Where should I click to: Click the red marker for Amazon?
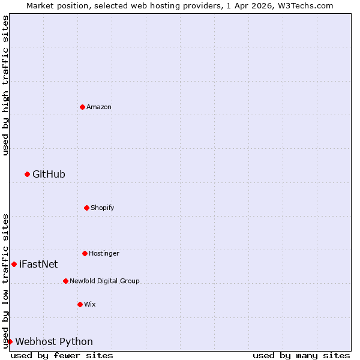pos(82,107)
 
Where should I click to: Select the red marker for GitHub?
pos(27,174)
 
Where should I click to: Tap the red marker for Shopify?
pos(86,208)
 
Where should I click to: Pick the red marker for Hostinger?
pos(85,253)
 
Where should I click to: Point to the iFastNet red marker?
pos(14,264)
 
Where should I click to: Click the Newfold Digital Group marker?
pos(65,281)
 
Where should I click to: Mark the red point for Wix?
pos(80,304)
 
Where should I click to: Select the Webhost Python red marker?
pos(10,341)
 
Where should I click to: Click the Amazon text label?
pos(99,107)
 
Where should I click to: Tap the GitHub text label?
pos(49,174)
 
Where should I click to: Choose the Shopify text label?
pos(103,208)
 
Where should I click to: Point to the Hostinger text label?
pos(104,253)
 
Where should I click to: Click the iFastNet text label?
pos(38,264)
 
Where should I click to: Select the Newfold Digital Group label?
pos(104,281)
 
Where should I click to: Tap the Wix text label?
pos(90,304)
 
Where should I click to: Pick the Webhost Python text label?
pos(54,341)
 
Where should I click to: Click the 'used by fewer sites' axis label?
pos(62,355)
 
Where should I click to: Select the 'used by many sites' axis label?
pos(301,355)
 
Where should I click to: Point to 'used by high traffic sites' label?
pos(5,85)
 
